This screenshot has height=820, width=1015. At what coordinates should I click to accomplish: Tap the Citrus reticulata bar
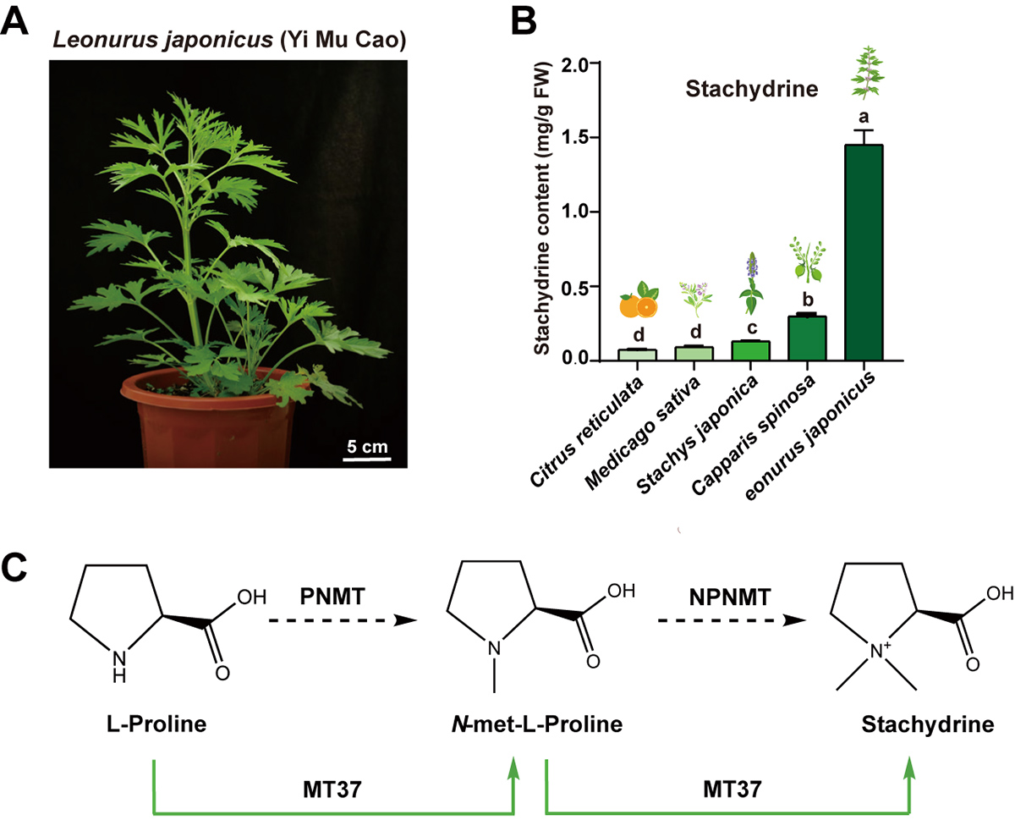click(x=637, y=355)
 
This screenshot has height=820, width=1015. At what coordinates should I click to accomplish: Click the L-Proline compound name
click(x=154, y=726)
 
